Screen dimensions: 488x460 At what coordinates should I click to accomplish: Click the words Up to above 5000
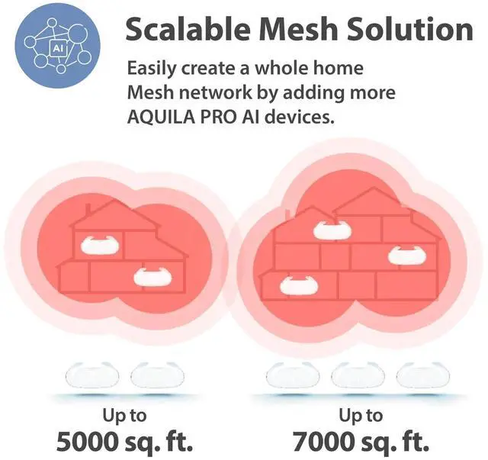point(124,416)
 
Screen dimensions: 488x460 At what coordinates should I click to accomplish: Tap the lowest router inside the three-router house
point(298,285)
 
